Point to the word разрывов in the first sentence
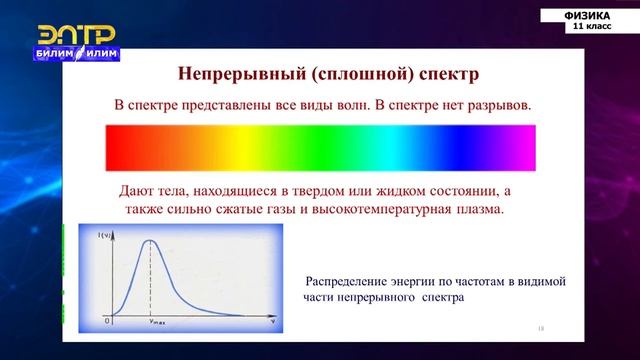(496, 105)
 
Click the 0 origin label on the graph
(107, 321)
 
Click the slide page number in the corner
(540, 327)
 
